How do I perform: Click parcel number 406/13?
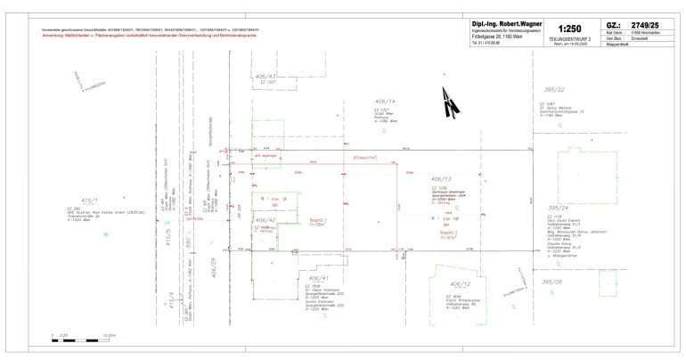tap(441, 178)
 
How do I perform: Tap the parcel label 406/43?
tap(266, 77)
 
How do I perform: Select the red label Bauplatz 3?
tap(448, 233)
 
